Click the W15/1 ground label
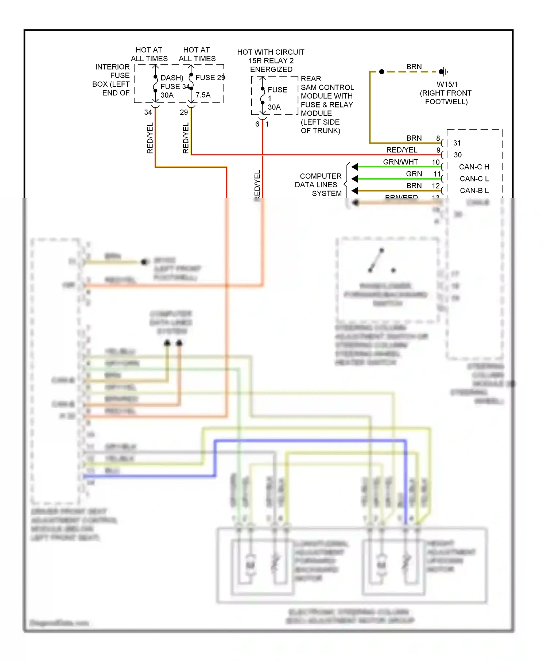[x=447, y=84]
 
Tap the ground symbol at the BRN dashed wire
[x=443, y=71]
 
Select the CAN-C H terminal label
[x=474, y=167]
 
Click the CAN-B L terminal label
[x=474, y=191]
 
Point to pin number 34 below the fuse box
[x=148, y=112]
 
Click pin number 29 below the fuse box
[x=184, y=112]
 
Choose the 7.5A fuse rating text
[x=203, y=95]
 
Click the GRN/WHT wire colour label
[x=400, y=162]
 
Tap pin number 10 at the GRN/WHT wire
[x=435, y=162]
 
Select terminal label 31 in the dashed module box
[x=457, y=143]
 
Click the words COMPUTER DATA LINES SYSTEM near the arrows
[x=318, y=185]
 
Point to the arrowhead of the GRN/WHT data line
[x=355, y=167]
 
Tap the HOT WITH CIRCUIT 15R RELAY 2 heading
[x=271, y=60]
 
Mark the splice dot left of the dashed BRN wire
[x=381, y=72]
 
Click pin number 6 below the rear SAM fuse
[x=257, y=124]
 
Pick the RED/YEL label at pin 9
[x=401, y=150]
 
